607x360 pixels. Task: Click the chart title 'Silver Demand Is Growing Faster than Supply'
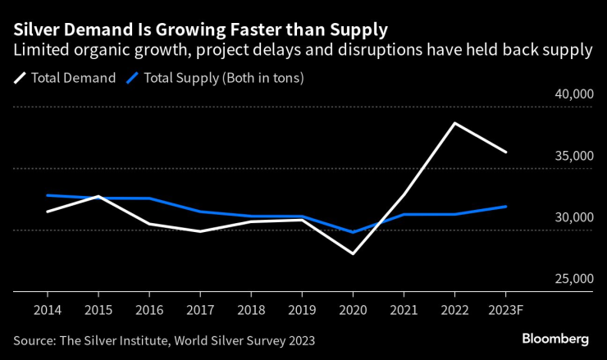click(x=200, y=30)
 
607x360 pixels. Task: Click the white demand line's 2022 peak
click(x=454, y=123)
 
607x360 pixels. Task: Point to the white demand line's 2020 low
click(x=353, y=253)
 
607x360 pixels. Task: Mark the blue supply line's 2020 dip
click(x=353, y=232)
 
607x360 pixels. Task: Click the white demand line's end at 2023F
click(x=505, y=153)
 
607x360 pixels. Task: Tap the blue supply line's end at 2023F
click(x=505, y=207)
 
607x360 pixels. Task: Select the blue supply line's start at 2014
click(x=47, y=195)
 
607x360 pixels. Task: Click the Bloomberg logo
click(x=555, y=339)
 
